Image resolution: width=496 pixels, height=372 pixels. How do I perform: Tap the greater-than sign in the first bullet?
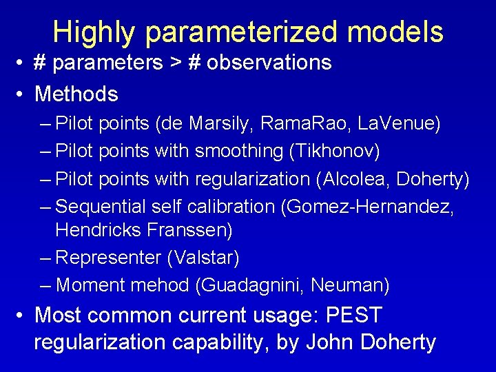coord(176,63)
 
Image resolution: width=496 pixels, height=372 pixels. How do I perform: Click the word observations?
coord(269,63)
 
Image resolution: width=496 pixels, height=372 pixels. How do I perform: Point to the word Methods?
coord(76,93)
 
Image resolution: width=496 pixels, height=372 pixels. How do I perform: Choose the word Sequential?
coord(102,206)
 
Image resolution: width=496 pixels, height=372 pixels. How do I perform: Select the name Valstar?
coord(203,258)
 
